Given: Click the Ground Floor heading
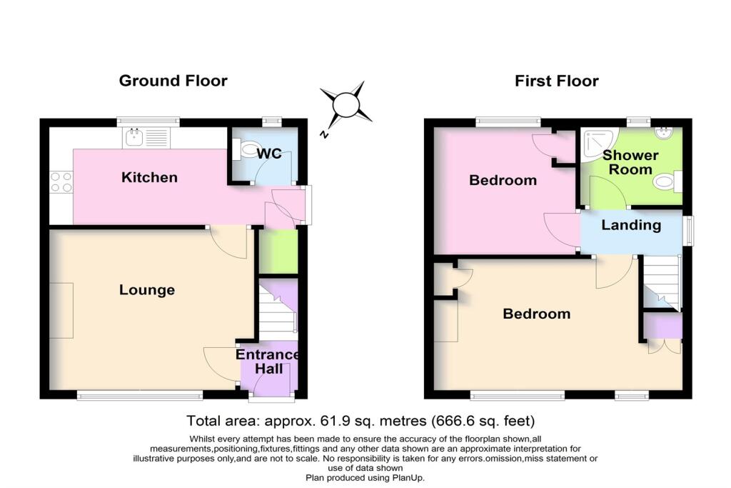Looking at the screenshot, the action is (173, 81).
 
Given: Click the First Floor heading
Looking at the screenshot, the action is (556, 81).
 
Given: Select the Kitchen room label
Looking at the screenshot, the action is (149, 177).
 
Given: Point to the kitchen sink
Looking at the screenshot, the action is (145, 137).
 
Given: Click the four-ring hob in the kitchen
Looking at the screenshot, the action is (61, 182).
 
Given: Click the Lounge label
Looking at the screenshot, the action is (147, 289).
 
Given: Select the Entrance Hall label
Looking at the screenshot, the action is (268, 362).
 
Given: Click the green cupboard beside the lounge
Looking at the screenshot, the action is (278, 252).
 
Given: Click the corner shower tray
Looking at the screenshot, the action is (600, 144).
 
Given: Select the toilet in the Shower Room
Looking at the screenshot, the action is (667, 181).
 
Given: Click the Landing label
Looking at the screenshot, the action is (631, 225).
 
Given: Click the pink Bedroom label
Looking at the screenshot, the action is (503, 180).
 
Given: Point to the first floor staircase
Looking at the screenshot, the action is (662, 282).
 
